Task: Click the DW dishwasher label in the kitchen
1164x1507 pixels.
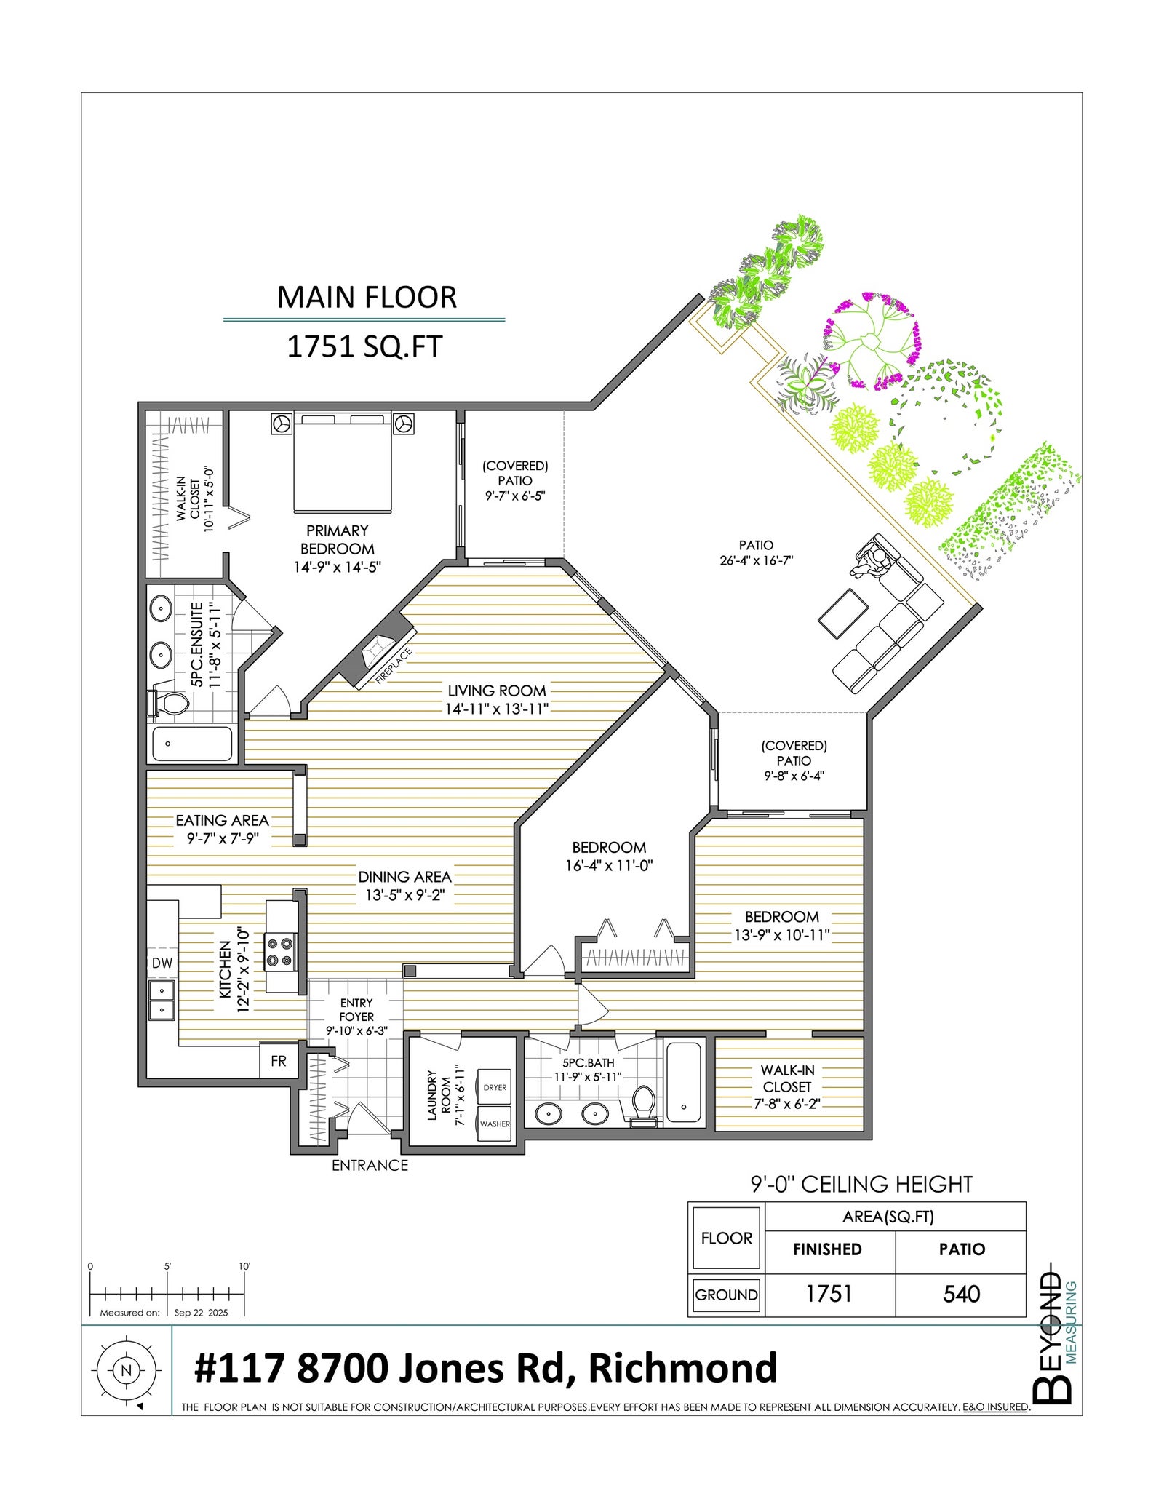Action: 162,963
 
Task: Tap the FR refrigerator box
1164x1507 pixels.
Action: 279,1061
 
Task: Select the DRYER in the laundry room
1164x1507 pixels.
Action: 494,1087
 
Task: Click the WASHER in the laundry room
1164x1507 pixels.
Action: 494,1124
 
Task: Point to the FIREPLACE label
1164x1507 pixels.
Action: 394,666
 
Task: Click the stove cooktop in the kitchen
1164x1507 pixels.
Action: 279,953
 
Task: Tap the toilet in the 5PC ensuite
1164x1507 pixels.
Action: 168,703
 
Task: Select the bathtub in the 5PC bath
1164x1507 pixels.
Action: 684,1082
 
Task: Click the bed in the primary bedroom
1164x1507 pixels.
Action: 343,461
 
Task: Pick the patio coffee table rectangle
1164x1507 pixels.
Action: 843,613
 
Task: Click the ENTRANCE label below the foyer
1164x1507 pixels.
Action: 370,1165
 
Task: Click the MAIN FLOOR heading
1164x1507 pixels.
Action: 367,297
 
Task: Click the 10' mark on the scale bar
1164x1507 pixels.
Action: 244,1266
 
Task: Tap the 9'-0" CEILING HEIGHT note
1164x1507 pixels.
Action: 861,1184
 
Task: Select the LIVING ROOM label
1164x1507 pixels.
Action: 497,691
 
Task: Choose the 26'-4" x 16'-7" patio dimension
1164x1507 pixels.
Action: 756,560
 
